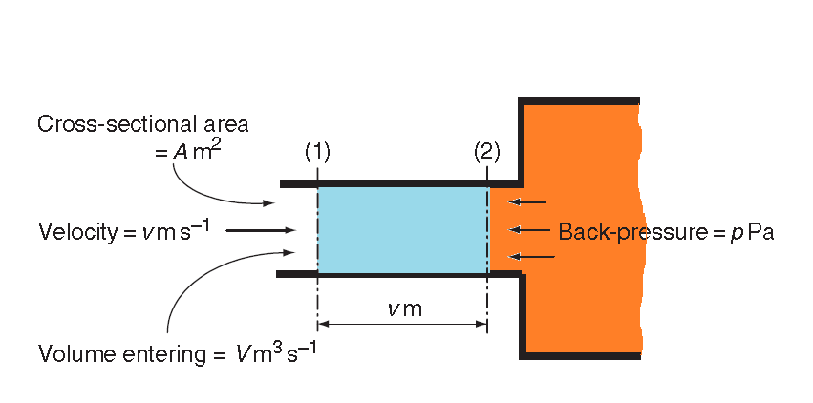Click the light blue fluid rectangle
tap(402, 229)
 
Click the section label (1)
tap(317, 152)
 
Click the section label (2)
tap(486, 152)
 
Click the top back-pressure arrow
tap(528, 201)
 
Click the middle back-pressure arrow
tap(528, 229)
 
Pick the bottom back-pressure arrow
tap(528, 256)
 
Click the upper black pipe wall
tap(401, 182)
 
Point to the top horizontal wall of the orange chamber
tap(579, 100)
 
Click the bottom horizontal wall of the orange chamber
tap(579, 356)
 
